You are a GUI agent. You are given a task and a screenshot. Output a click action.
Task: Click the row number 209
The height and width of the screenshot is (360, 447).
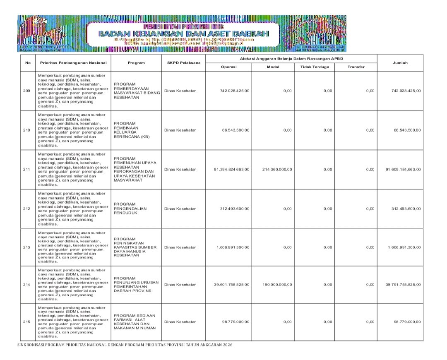(x=28, y=91)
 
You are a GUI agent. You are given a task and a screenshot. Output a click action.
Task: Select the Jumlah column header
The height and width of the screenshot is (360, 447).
(x=400, y=62)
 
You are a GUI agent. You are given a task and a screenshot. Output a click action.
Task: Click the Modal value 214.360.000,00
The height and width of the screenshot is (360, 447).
(x=277, y=169)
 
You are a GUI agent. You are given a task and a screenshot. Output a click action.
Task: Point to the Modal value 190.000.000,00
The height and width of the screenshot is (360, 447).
(x=277, y=284)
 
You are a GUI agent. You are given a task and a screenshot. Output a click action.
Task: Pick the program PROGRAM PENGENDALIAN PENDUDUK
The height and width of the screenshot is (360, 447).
(x=131, y=208)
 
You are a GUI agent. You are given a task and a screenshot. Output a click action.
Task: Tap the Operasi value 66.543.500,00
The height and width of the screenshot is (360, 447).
(x=236, y=130)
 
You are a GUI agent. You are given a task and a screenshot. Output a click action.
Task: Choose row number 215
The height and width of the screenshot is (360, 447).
(x=28, y=322)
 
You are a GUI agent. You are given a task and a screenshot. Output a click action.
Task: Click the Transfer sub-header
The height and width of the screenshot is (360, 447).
(x=356, y=67)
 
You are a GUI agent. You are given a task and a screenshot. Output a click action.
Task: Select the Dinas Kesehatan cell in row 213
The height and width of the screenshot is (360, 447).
(x=180, y=247)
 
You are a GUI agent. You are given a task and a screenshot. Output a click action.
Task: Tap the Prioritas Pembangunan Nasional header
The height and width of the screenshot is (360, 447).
(x=73, y=62)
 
